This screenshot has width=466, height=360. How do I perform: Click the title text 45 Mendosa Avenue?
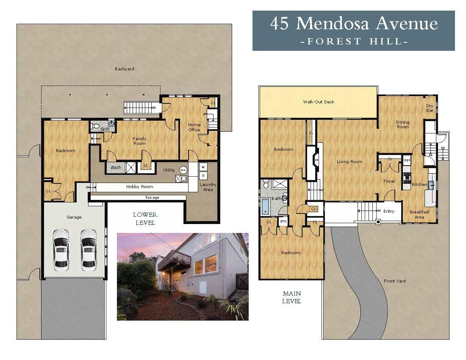[x=353, y=24]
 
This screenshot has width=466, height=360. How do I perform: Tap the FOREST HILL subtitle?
[x=354, y=42]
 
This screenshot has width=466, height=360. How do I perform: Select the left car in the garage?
[x=61, y=250]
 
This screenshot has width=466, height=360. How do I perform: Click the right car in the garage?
[x=89, y=250]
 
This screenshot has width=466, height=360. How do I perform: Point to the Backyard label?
[x=124, y=69]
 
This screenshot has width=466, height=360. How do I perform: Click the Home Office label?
[x=194, y=127]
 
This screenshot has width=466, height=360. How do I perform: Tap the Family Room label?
[x=139, y=141]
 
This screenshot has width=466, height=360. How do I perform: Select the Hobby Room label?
[x=139, y=187]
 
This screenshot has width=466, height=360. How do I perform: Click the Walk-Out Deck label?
[x=318, y=102]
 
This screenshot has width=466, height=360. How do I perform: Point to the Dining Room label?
[x=402, y=125]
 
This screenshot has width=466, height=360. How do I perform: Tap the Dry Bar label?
[x=430, y=108]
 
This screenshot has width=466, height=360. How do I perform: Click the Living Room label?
[x=349, y=161]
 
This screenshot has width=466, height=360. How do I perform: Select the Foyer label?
[x=389, y=181]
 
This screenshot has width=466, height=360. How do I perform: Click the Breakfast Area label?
[x=419, y=214]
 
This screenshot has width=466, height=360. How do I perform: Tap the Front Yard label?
[x=395, y=281]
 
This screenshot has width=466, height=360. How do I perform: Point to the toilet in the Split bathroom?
[x=96, y=126]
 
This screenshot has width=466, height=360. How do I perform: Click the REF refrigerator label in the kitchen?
[x=407, y=161]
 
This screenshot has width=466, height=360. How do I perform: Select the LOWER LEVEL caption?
[x=145, y=219]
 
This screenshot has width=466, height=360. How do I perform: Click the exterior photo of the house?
[x=182, y=276]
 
